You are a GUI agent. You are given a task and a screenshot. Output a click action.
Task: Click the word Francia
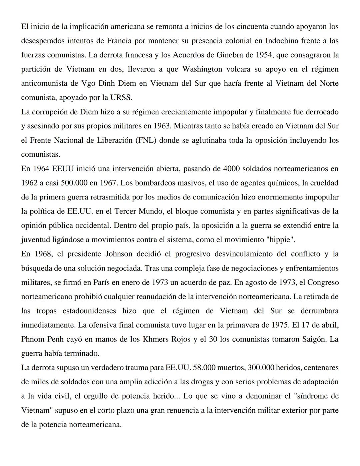(119, 41)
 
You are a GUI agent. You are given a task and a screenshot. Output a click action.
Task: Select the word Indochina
(282, 41)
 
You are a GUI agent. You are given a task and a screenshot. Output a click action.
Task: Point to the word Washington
(202, 69)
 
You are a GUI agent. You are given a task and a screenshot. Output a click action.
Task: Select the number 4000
(231, 169)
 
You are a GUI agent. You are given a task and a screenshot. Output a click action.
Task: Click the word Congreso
(323, 282)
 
